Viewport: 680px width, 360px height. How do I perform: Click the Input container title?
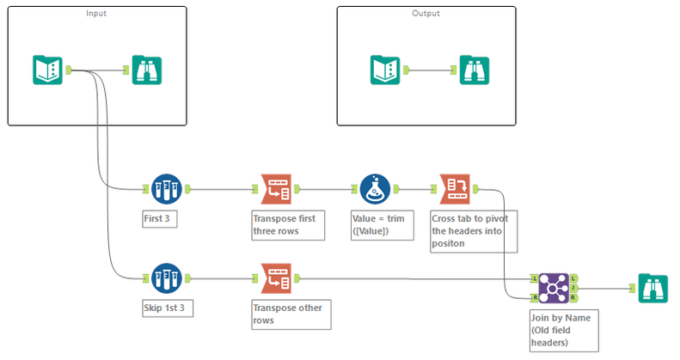[x=96, y=13]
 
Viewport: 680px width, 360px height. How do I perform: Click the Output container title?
[x=426, y=13]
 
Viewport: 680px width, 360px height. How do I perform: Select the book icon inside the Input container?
[x=47, y=70]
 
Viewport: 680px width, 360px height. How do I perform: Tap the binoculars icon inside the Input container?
[x=146, y=70]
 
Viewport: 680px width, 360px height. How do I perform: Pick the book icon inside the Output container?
[x=385, y=70]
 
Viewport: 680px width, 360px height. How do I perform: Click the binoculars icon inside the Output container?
[x=474, y=70]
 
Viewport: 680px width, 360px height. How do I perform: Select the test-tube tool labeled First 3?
[x=166, y=188]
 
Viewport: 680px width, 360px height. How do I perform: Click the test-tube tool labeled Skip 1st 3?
[x=166, y=278]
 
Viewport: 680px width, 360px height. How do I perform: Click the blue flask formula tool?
[x=375, y=188]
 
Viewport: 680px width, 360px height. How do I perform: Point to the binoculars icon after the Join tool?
[x=653, y=288]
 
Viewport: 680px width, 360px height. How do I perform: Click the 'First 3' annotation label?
[x=156, y=218]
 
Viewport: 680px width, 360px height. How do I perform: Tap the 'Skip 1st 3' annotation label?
[x=165, y=307]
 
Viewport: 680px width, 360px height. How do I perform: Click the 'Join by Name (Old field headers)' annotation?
[x=561, y=330]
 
